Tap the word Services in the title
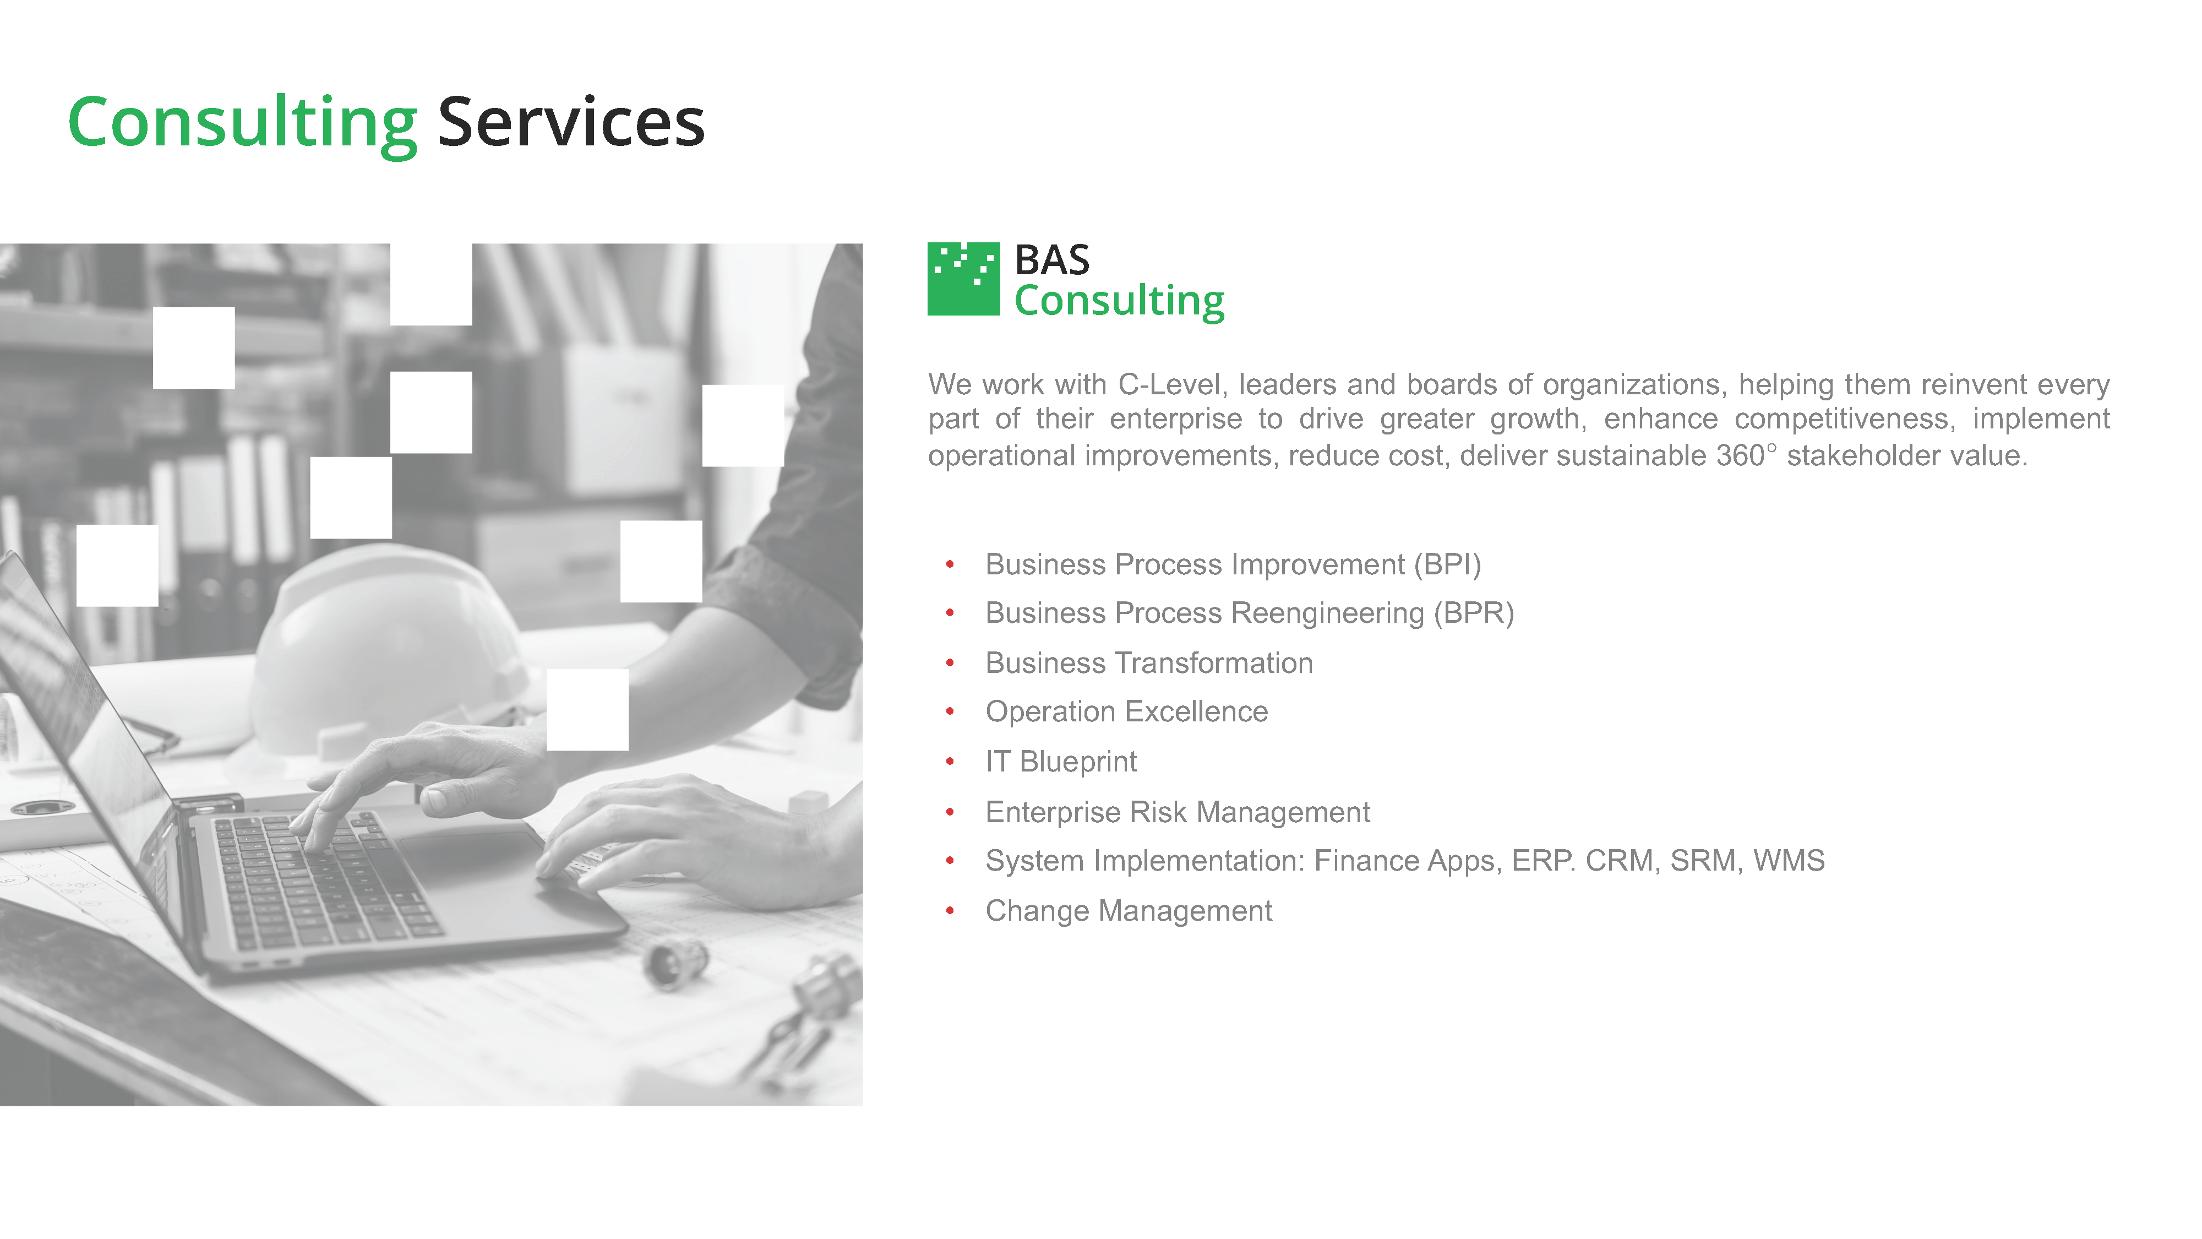(x=571, y=122)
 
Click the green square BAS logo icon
(x=963, y=279)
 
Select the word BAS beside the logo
(x=1052, y=260)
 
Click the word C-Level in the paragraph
(x=1173, y=385)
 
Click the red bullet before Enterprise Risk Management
(x=950, y=812)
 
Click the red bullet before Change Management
(x=950, y=911)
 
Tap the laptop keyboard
(x=325, y=881)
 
